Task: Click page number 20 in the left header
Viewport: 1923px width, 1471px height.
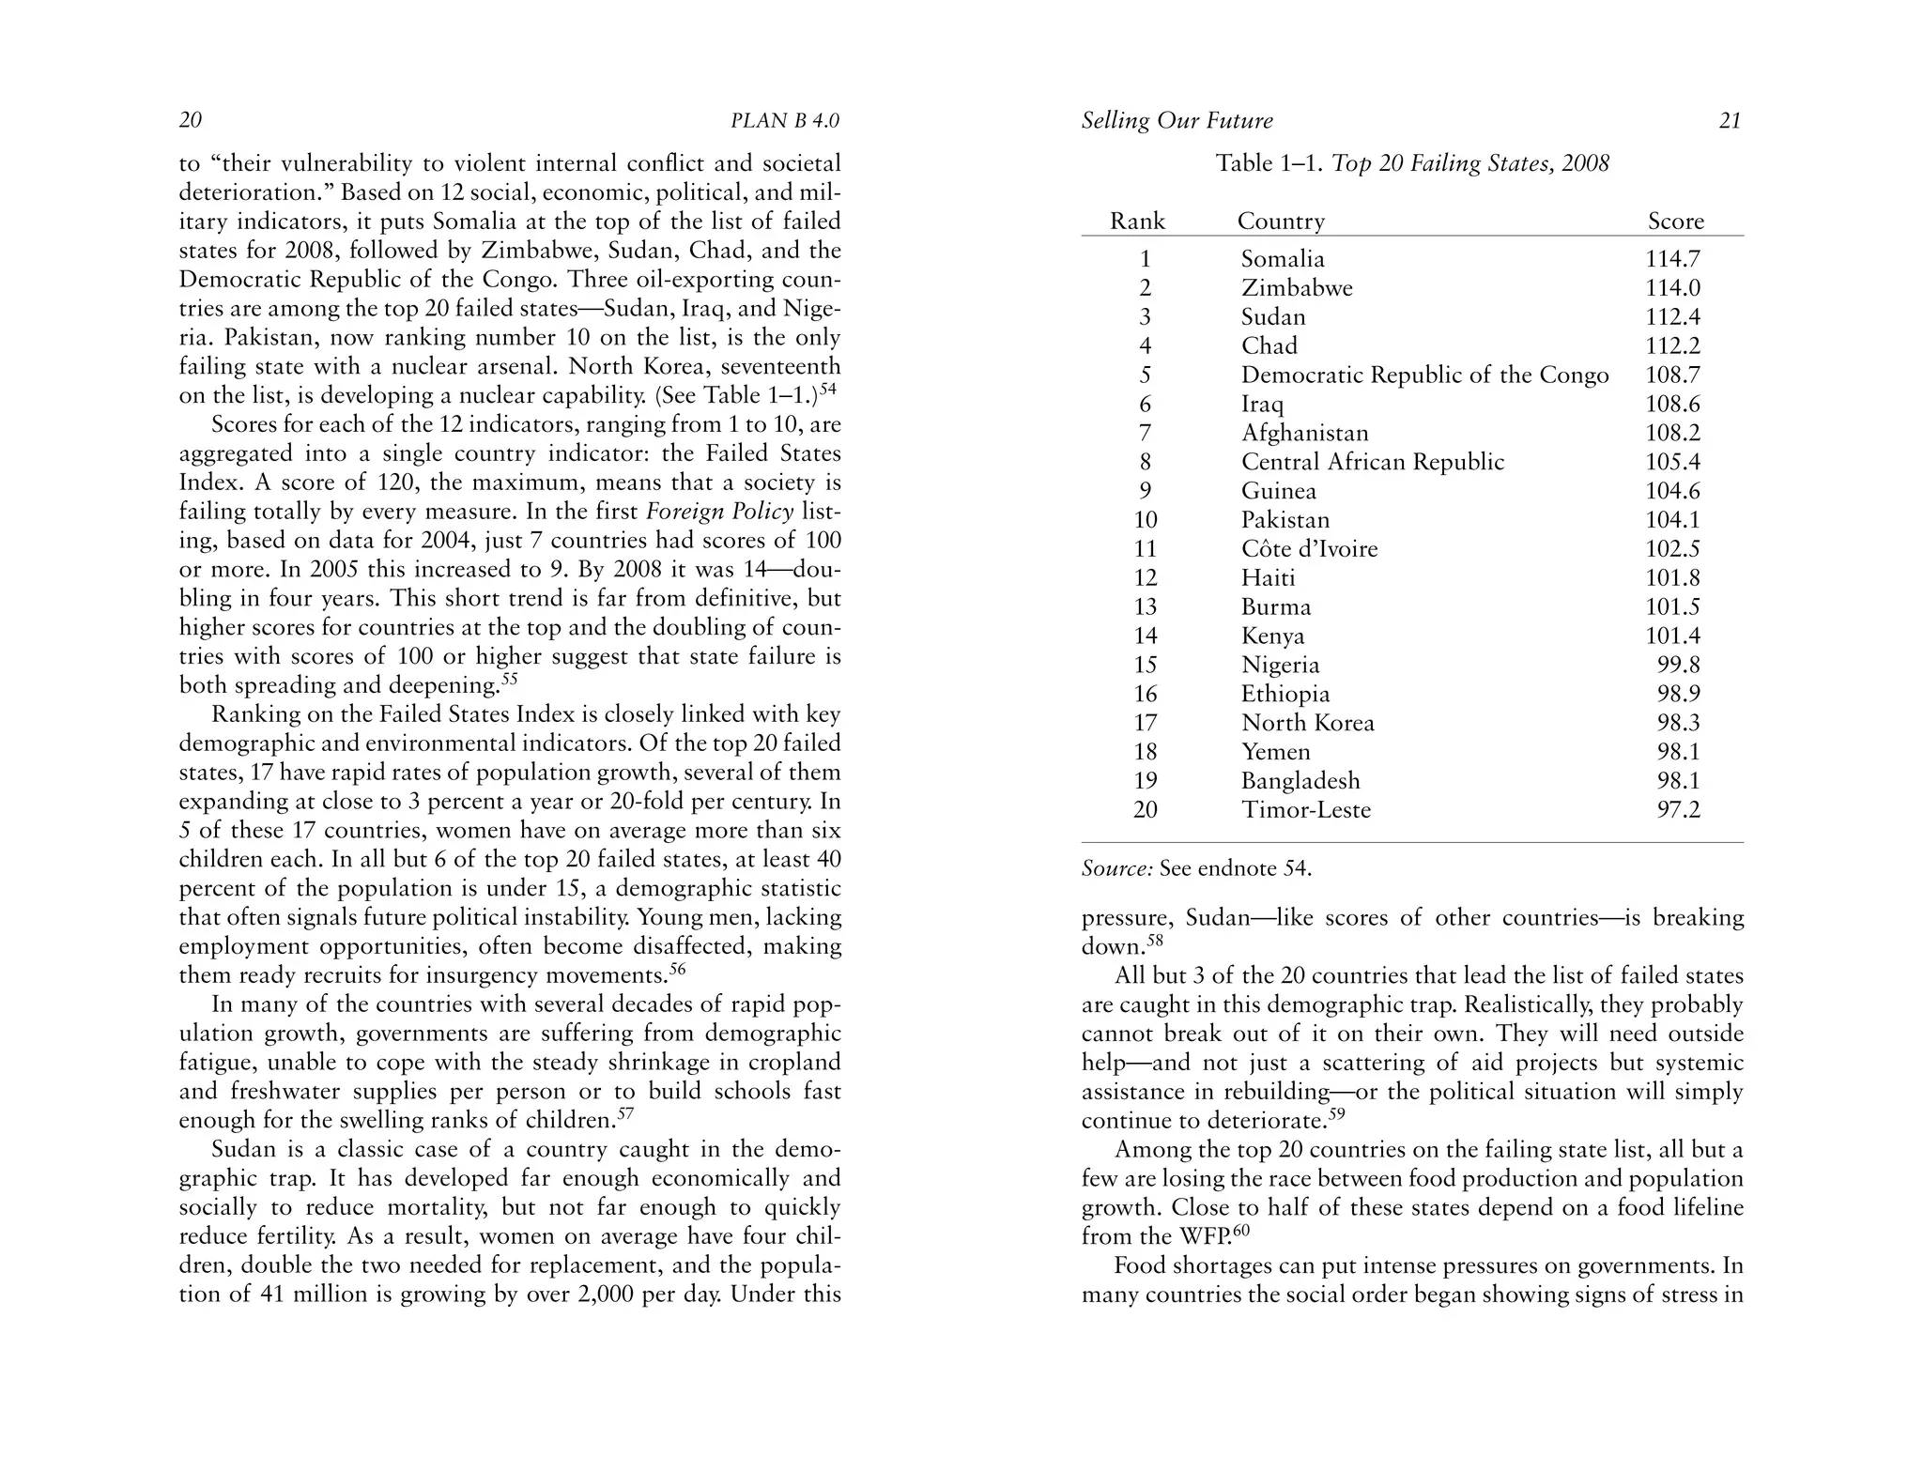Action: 191,120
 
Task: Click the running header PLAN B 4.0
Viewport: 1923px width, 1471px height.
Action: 784,121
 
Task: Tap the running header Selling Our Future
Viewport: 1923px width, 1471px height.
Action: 1177,121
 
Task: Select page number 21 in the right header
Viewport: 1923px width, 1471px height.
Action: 1730,121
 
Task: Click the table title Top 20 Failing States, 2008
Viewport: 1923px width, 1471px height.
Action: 1470,163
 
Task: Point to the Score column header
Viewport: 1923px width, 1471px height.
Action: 1675,222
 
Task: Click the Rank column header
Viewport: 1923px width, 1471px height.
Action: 1137,222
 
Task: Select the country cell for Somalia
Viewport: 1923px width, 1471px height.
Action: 1283,259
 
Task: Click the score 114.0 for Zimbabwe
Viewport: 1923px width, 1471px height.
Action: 1672,288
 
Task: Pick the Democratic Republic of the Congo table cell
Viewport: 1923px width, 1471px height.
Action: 1424,375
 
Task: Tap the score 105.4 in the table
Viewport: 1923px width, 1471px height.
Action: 1672,462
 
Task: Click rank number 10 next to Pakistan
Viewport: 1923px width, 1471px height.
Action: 1146,520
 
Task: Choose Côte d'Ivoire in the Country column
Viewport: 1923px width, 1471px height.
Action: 1309,549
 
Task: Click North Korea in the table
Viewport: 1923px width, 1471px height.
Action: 1307,723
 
